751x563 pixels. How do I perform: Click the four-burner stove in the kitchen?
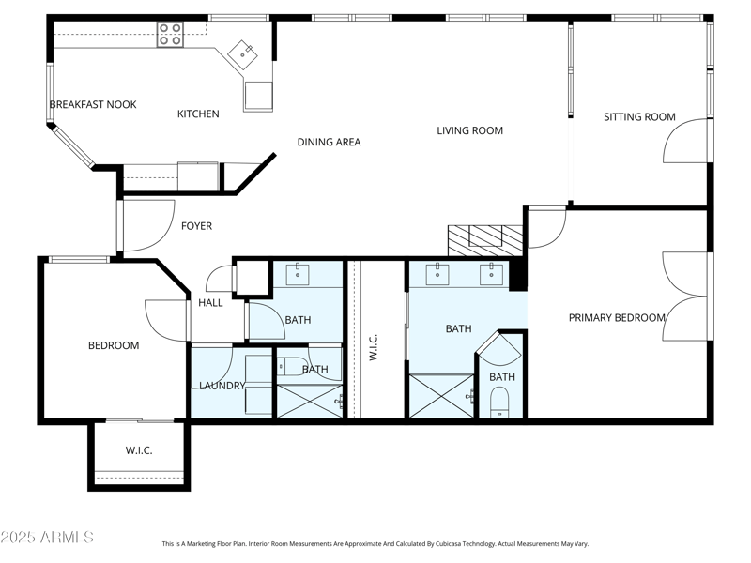[170, 35]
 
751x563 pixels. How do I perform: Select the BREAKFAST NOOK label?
[93, 104]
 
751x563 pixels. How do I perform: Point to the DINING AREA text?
[329, 142]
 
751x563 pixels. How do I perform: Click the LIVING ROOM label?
[469, 130]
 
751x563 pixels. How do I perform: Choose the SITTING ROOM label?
[639, 117]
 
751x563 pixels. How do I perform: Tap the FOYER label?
[196, 226]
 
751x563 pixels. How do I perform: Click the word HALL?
[210, 303]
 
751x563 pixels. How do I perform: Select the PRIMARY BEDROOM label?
[617, 318]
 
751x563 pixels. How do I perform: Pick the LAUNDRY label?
[222, 386]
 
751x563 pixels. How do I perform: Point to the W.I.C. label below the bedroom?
[139, 450]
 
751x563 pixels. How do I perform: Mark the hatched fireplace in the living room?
[484, 239]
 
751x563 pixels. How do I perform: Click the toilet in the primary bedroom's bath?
[500, 403]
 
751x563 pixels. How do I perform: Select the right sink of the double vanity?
[490, 275]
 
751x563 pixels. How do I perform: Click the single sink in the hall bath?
[301, 275]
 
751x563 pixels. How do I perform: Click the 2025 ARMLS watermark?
[47, 538]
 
